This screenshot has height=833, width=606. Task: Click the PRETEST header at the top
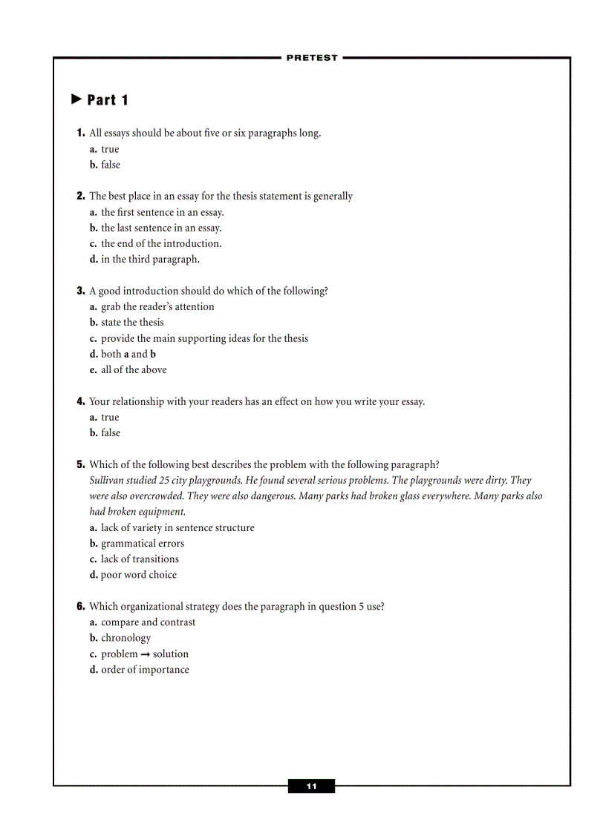coord(311,58)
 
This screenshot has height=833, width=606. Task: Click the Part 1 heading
coord(108,100)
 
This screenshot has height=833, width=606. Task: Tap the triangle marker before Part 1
coord(76,99)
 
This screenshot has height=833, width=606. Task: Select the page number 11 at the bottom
coord(311,786)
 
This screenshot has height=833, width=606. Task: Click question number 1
coord(81,134)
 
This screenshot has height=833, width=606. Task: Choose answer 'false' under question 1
coord(110,165)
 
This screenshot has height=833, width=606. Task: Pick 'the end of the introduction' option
coord(160,243)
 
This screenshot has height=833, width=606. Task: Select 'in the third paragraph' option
coord(150,259)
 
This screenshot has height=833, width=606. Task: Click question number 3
coord(81,291)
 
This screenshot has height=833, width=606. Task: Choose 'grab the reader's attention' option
coord(157,306)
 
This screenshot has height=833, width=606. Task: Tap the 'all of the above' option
coord(134,369)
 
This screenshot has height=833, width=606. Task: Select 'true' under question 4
coord(110,417)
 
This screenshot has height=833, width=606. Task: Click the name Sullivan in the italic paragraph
coord(108,480)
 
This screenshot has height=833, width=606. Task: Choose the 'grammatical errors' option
coord(142,543)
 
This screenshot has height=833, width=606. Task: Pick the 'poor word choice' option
coord(139,574)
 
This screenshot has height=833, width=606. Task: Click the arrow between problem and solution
coord(146,654)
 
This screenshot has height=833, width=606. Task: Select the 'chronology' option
coord(126,638)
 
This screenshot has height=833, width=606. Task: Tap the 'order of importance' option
coord(145,669)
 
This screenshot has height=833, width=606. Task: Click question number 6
coord(81,606)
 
